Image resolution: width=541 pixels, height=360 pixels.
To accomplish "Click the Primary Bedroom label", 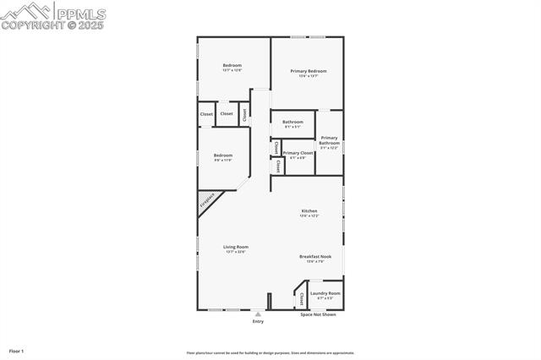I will [x=309, y=71].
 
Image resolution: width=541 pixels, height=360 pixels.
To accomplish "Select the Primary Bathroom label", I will [x=329, y=140].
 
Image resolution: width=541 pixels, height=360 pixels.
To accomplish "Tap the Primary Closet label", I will [x=298, y=153].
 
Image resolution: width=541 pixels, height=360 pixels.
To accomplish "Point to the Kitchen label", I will [x=309, y=210].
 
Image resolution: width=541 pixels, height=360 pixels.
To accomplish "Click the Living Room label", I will [x=236, y=247].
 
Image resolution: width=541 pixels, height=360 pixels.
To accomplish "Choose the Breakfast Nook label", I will [x=315, y=256].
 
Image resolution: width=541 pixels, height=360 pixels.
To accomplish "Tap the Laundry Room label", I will [x=325, y=293].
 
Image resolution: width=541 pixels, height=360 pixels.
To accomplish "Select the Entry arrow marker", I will [x=258, y=314].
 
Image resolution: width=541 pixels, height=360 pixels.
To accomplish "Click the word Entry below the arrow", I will [x=258, y=321].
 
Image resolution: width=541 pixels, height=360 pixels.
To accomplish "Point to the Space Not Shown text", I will [x=318, y=314].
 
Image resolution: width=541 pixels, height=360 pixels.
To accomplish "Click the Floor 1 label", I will [x=17, y=350].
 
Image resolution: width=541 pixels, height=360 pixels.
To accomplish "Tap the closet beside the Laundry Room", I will [x=301, y=298].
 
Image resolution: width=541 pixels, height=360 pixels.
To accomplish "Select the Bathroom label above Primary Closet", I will [x=292, y=122].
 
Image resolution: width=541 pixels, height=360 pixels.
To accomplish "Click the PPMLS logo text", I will [x=79, y=12].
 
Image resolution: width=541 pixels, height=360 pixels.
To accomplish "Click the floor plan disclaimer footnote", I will [x=270, y=353].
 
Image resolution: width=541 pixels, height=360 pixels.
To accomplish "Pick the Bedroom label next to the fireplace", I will [x=222, y=155].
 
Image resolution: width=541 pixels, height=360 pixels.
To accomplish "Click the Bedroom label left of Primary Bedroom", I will [x=232, y=66].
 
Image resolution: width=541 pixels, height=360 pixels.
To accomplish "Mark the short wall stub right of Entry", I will [x=269, y=302].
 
